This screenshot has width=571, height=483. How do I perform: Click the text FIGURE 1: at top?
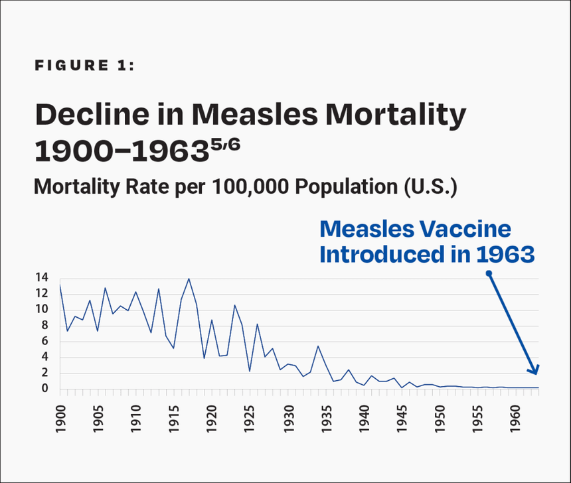84,66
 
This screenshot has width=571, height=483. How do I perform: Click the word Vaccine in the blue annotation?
469,230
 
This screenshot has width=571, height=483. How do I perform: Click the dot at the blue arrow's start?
488,273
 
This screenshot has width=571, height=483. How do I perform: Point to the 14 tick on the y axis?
41,278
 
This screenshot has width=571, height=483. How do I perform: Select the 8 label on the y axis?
44,325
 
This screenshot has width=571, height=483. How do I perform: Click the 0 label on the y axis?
44,389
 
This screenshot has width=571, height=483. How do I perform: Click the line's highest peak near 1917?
189,279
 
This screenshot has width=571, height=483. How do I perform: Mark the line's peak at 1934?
318,346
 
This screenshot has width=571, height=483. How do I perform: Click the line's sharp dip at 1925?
250,371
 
